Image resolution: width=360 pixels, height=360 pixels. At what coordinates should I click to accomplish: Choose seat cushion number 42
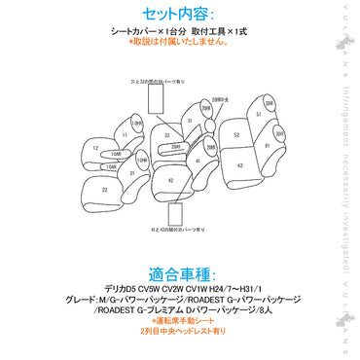coord(170,181)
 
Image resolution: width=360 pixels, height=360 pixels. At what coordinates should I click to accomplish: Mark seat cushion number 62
coord(239,166)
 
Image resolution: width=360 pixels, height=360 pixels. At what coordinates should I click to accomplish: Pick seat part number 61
coord(268,147)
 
